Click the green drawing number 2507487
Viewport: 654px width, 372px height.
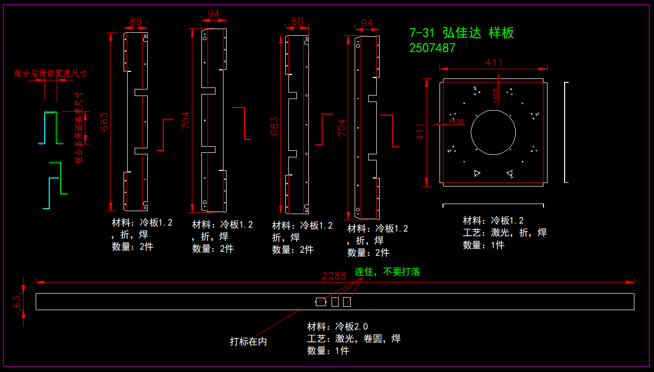click(x=432, y=48)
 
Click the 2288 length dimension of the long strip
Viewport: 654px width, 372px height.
click(x=334, y=275)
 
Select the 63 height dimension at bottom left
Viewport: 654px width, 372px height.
click(x=17, y=302)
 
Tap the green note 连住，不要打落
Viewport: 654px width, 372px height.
click(x=387, y=272)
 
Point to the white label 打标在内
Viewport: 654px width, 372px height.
click(x=248, y=341)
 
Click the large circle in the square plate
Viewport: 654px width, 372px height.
click(x=493, y=131)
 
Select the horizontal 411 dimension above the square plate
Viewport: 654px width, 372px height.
click(x=494, y=63)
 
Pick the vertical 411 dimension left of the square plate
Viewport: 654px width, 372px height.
click(x=420, y=132)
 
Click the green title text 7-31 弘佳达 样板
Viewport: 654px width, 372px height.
click(x=462, y=33)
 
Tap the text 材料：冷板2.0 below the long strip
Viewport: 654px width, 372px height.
click(x=338, y=326)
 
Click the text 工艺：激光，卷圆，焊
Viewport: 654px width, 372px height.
click(x=354, y=338)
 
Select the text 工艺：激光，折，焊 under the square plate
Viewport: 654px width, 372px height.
click(x=504, y=232)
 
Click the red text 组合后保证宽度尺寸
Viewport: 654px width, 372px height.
click(x=50, y=73)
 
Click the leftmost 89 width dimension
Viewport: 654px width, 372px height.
click(x=135, y=22)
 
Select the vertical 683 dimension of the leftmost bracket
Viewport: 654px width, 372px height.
click(x=104, y=121)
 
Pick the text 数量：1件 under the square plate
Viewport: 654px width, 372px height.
click(x=483, y=245)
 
